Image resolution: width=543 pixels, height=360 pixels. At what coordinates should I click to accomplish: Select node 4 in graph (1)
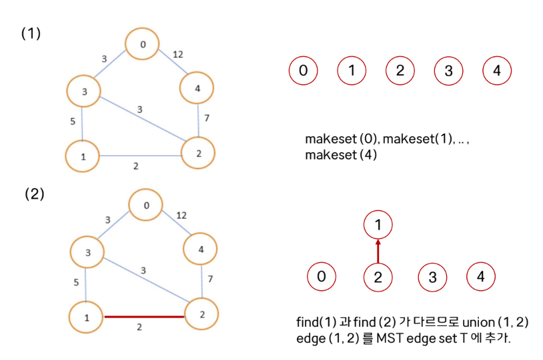pyautogui.click(x=197, y=88)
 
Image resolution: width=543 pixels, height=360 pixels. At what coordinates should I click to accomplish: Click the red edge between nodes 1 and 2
pyautogui.click(x=143, y=317)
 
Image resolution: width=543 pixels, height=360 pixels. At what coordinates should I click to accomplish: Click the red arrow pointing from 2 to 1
pyautogui.click(x=378, y=251)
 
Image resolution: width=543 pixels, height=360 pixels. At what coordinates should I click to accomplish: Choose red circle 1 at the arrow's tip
pyautogui.click(x=378, y=225)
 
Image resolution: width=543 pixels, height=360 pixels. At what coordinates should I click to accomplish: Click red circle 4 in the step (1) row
pyautogui.click(x=496, y=71)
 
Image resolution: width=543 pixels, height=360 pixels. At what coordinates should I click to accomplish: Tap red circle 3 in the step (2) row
pyautogui.click(x=432, y=277)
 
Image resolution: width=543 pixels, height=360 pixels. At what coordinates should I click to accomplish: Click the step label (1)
pyautogui.click(x=31, y=33)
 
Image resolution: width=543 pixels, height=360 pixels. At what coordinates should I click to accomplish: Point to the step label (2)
pyautogui.click(x=35, y=194)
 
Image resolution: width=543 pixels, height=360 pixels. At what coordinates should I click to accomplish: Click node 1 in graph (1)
pyautogui.click(x=82, y=157)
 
